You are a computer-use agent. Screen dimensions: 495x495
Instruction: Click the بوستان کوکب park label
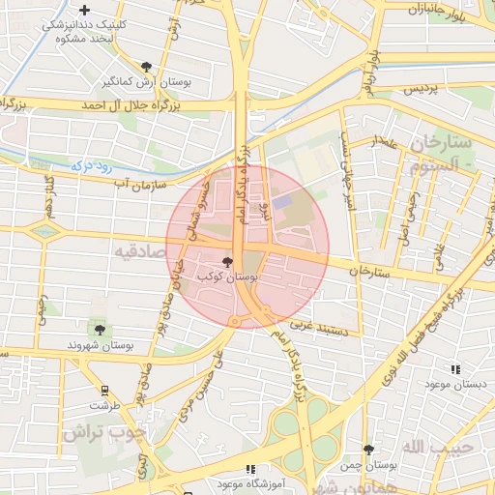click(x=227, y=277)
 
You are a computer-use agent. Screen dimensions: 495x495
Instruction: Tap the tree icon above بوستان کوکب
click(x=228, y=261)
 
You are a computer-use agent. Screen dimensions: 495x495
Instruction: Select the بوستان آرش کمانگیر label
click(x=148, y=82)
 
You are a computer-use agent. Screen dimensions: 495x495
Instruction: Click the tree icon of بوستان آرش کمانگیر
click(x=146, y=67)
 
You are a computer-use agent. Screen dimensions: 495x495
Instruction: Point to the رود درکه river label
click(x=95, y=165)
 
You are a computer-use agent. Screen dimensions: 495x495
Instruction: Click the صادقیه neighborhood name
click(x=140, y=251)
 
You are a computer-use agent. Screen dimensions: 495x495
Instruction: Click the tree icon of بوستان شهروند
click(x=101, y=330)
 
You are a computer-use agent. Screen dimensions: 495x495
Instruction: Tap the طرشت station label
click(x=104, y=406)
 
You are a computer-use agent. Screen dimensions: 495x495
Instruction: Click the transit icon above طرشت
click(x=104, y=392)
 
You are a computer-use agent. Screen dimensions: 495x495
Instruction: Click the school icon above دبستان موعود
click(x=455, y=368)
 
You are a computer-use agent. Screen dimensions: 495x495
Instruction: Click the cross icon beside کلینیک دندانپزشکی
click(x=85, y=10)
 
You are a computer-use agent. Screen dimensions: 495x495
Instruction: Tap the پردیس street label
click(x=420, y=89)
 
